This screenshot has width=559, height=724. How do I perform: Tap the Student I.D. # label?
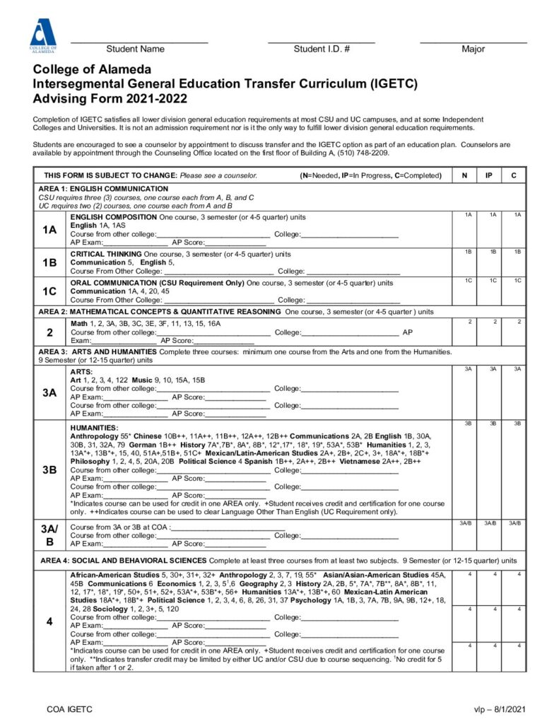point(322,49)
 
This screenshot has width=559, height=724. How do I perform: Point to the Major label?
point(473,49)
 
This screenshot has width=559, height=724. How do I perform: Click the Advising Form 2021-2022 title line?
point(110,98)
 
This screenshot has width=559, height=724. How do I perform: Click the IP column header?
point(489,175)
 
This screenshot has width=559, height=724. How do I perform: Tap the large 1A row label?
point(49,229)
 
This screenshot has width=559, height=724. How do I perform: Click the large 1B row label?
point(49,262)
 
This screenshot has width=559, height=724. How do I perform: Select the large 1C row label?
point(49,291)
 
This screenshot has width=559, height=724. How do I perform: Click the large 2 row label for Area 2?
point(49,332)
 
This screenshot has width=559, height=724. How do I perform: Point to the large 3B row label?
point(49,469)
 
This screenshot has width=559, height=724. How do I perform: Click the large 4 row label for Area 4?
point(49,621)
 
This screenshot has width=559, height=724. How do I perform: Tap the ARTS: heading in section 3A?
point(82,371)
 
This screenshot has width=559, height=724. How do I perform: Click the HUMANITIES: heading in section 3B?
point(95,428)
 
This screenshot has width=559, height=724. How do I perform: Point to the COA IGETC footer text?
point(69,708)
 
